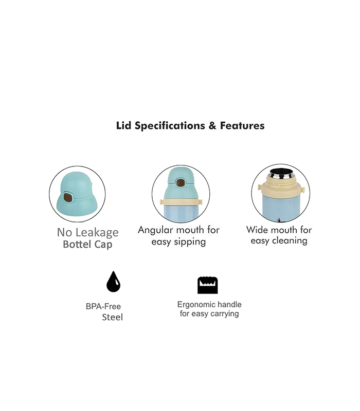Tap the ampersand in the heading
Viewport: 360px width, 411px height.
[212, 126]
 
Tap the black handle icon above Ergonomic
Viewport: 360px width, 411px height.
[208, 285]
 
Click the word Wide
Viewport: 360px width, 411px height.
[259, 230]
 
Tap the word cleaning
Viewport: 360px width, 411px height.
[291, 240]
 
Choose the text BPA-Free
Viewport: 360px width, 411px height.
[103, 306]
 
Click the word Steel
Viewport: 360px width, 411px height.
[112, 317]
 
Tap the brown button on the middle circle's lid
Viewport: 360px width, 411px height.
[181, 183]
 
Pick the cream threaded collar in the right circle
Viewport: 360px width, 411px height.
[280, 188]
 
